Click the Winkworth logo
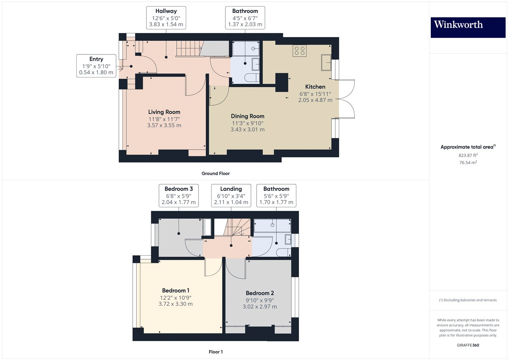468,27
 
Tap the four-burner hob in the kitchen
300,51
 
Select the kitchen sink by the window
326,62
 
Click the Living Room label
164,112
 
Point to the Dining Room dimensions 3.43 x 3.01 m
247,129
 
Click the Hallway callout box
166,17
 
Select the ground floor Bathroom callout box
245,17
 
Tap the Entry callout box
96,66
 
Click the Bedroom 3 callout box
179,195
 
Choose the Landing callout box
231,195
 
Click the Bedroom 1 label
176,291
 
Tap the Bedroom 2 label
260,293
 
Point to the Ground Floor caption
216,173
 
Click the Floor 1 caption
216,352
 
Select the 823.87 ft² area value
468,155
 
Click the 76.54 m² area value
468,163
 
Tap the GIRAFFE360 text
468,345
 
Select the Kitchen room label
315,87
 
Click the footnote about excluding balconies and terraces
468,300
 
